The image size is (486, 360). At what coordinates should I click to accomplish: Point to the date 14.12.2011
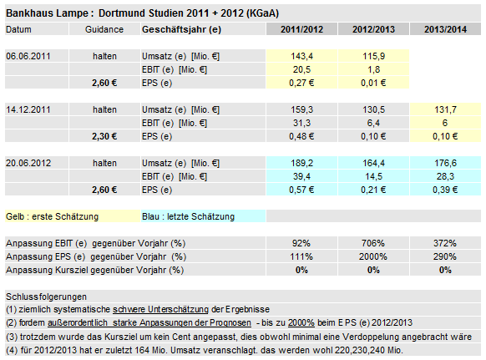coord(29,109)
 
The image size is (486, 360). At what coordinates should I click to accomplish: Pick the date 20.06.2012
coord(29,163)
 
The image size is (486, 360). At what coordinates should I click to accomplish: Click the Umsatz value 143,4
coord(301,55)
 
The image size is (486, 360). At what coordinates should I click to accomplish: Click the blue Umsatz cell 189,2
coord(301,163)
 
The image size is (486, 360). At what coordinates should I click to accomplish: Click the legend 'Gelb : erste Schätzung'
coord(52,216)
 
